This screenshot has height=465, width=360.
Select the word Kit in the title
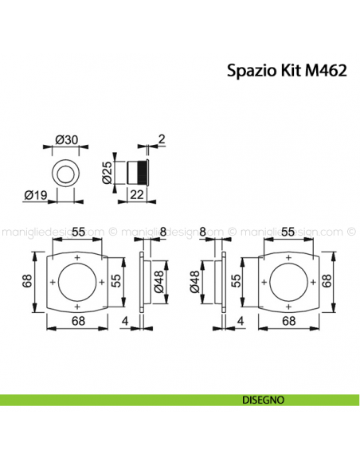[x=288, y=70]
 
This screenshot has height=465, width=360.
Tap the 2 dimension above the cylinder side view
[x=162, y=140]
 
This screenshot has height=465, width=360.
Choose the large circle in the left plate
[x=77, y=282]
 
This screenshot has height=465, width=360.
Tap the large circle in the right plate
[x=285, y=282]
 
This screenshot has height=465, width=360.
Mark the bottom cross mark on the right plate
[x=285, y=306]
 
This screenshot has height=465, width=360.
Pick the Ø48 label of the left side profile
[x=158, y=281]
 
